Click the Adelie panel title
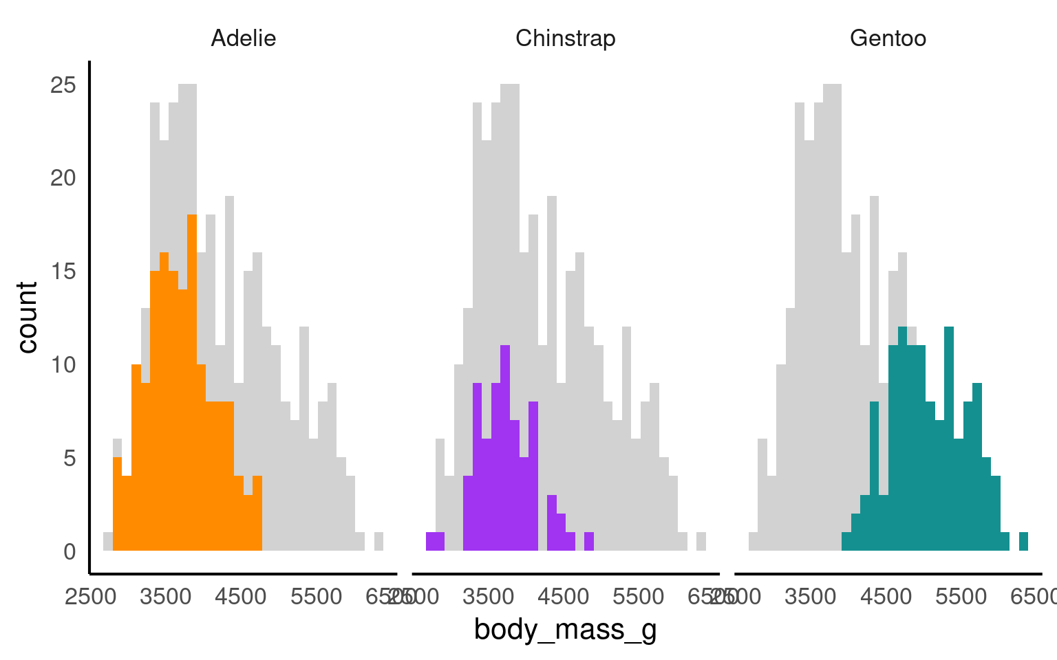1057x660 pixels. (243, 38)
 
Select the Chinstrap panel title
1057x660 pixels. (565, 38)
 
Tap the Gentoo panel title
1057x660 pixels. (888, 38)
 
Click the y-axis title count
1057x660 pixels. (27, 317)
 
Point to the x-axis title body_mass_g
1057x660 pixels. (565, 629)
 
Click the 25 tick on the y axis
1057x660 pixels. (63, 85)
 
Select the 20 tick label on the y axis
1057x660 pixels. (63, 178)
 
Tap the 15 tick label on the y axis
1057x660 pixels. (63, 272)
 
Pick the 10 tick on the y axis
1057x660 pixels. (63, 364)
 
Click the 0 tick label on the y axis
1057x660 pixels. (70, 551)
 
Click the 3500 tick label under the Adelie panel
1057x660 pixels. (166, 596)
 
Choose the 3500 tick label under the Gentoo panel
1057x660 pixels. (811, 596)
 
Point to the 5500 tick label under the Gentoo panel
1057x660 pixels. (961, 596)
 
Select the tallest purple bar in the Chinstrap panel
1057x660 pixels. (505, 447)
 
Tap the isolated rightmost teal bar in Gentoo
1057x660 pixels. (1023, 541)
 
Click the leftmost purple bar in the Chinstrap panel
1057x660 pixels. (435, 541)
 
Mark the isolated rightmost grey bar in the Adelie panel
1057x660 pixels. (378, 541)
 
